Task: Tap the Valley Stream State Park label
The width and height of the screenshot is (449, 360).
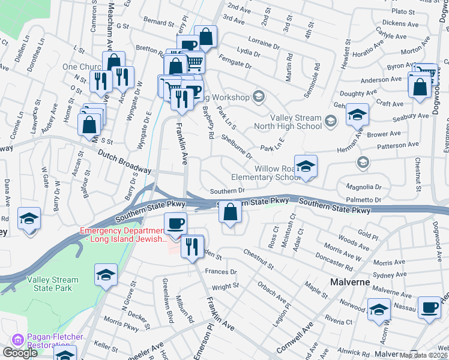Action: tap(52, 284)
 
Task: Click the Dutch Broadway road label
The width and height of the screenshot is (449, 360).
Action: tap(124, 162)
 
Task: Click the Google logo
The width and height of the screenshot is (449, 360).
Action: tap(19, 353)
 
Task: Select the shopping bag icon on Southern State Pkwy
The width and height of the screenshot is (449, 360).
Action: tap(230, 211)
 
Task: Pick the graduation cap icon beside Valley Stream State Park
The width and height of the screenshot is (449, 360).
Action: tap(106, 275)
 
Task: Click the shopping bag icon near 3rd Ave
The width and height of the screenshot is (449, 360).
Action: tap(206, 37)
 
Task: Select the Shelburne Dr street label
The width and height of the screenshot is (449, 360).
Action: tap(237, 147)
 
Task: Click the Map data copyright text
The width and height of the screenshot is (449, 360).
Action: tap(423, 355)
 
